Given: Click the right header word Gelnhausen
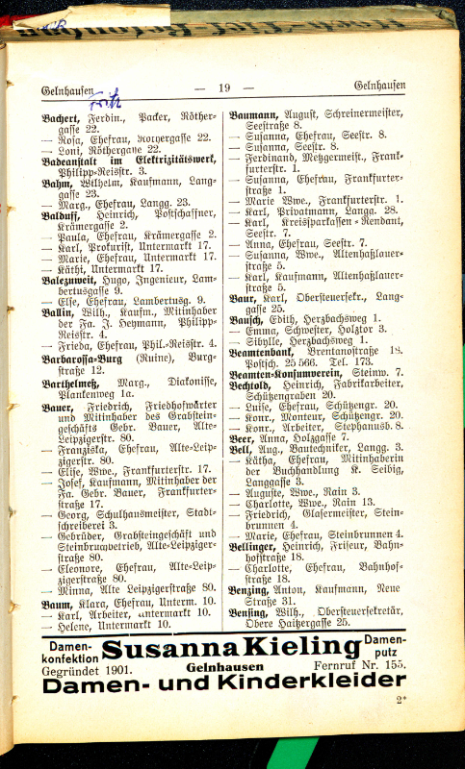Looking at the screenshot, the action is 379,86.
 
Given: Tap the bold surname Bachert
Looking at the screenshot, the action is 61,116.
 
